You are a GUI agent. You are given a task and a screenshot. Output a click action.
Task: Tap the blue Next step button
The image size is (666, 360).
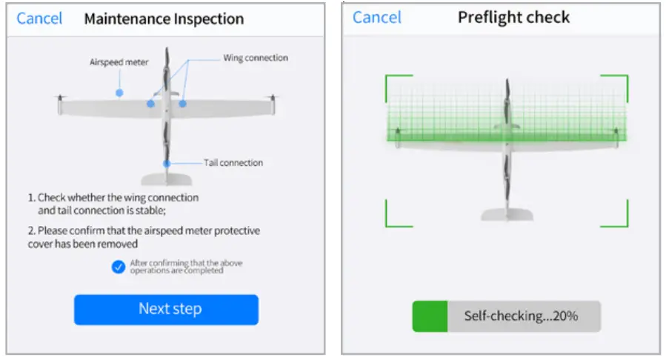click(x=166, y=309)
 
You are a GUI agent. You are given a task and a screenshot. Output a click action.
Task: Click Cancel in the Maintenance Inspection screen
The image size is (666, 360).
click(x=39, y=19)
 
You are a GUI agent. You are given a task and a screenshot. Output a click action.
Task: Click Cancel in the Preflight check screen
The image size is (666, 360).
click(x=377, y=17)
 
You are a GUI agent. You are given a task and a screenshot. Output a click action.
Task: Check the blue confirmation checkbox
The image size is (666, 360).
click(x=119, y=267)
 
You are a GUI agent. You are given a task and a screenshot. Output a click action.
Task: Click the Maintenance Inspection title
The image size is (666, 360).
click(x=164, y=19)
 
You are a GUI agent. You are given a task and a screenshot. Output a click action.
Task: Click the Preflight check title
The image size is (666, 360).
click(x=514, y=17)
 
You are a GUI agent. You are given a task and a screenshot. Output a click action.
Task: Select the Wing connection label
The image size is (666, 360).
click(x=256, y=58)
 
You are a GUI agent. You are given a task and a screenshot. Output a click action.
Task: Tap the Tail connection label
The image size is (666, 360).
click(x=233, y=163)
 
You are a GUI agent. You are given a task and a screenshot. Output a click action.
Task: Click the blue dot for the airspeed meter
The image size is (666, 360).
click(x=119, y=93)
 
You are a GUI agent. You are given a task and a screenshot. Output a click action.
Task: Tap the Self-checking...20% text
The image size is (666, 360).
click(x=521, y=316)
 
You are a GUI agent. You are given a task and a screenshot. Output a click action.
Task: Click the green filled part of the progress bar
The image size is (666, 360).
click(x=430, y=316)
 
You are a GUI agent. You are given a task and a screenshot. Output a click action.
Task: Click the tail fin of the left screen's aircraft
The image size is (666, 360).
click(x=167, y=179)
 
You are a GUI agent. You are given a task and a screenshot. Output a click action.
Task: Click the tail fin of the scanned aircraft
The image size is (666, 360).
click(x=506, y=214)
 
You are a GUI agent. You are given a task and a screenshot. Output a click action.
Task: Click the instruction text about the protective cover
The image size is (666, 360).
click(x=144, y=237)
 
